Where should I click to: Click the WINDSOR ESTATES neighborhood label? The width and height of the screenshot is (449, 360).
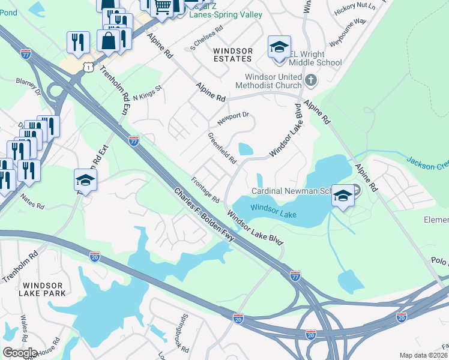(x=232, y=55)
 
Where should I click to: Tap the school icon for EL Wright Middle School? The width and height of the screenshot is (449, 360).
(x=279, y=48)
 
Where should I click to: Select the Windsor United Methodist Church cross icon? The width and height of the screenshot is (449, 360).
(x=310, y=80)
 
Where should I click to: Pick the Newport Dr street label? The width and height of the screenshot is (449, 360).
(x=233, y=118)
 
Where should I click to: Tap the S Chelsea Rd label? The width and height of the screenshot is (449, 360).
(x=206, y=37)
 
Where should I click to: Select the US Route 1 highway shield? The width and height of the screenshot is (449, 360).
(x=88, y=68)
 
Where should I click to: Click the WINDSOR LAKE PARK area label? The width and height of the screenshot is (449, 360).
(x=42, y=288)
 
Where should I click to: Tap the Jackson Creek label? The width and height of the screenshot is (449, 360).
(x=427, y=163)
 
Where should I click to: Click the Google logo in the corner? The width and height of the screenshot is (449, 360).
(x=19, y=352)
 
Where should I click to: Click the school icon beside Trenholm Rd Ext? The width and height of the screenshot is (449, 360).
(x=85, y=179)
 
